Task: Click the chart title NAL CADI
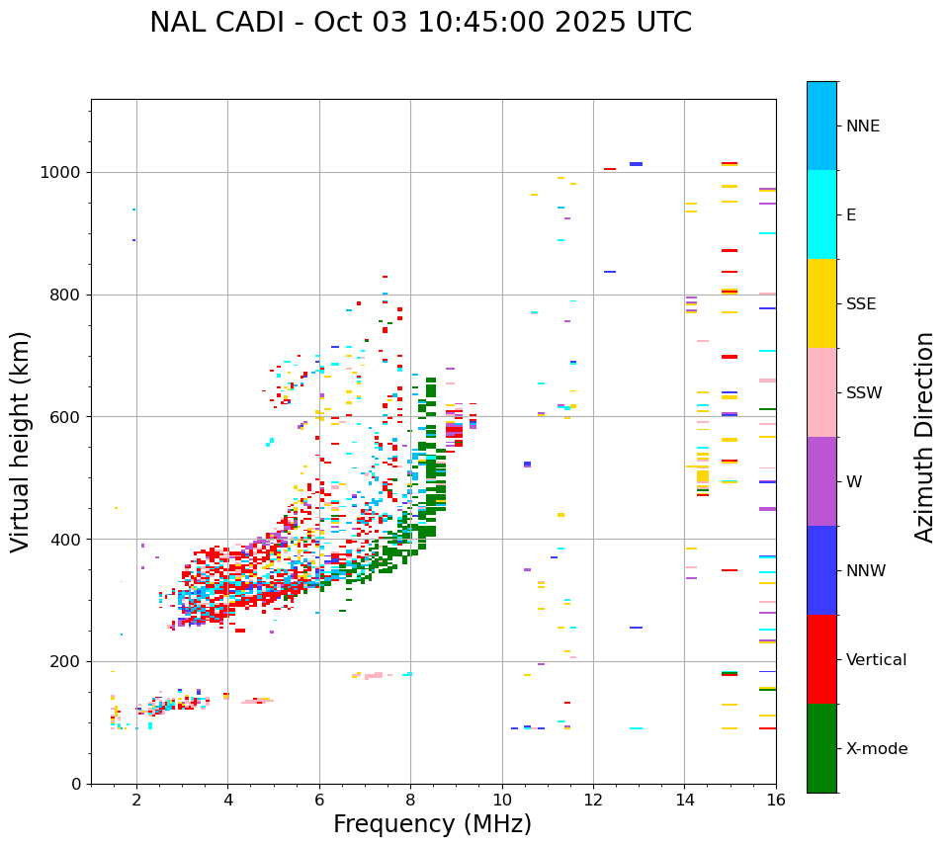420,23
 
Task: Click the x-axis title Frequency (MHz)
432,824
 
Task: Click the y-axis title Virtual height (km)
21,441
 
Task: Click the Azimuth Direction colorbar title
924,437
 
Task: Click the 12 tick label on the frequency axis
593,801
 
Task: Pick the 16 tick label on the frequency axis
776,801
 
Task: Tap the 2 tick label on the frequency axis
136,801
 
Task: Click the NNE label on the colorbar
862,127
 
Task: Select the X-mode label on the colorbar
876,749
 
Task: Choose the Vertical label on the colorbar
876,660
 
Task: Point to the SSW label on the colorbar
864,393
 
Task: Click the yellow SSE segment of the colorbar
821,303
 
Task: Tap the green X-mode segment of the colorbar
821,748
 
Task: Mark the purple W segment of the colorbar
821,481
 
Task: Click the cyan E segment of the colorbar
821,214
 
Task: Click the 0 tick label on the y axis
76,784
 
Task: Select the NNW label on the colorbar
866,571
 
